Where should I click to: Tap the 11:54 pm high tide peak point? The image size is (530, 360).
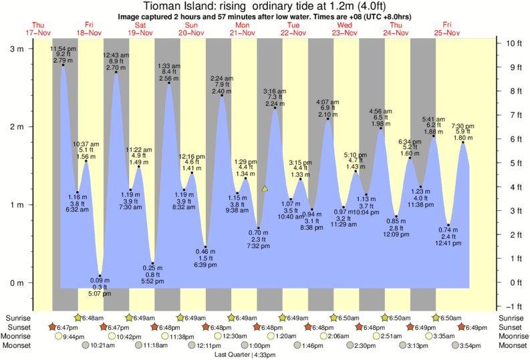pos(63,65)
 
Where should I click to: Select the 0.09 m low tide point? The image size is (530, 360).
pos(100,276)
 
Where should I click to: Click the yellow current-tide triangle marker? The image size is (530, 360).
pos(265,189)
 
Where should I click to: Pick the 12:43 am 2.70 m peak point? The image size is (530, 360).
pos(116,72)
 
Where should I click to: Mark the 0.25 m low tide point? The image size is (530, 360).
pos(153,263)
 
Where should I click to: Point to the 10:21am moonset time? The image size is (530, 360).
pos(102,345)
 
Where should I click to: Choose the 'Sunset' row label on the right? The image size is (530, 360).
pos(513,327)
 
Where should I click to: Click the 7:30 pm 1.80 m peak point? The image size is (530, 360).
pos(462,142)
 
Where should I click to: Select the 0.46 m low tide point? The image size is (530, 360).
pos(205,247)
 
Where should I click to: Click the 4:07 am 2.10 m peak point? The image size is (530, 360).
pos(327,119)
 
